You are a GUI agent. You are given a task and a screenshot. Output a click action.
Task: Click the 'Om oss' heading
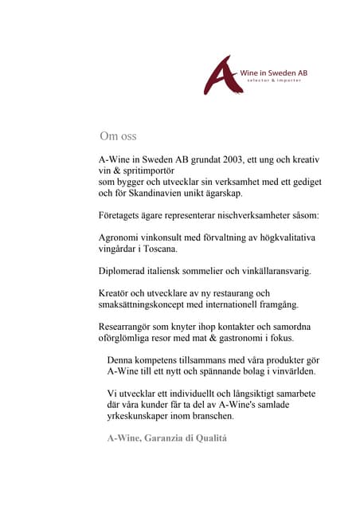[119, 136]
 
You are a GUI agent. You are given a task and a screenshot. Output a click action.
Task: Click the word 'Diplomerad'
[124, 271]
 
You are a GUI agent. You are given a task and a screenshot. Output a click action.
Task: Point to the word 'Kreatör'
[115, 293]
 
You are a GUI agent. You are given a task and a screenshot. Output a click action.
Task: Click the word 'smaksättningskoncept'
[150, 304]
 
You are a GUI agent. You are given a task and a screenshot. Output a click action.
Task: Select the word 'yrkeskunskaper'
[143, 416]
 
